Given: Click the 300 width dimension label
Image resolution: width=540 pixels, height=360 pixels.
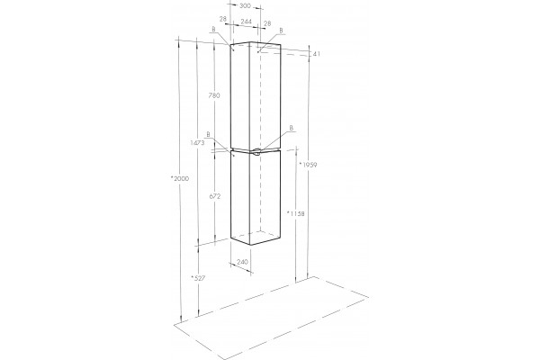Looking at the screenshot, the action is tap(245, 5).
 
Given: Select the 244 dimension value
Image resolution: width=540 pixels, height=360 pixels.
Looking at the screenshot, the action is tap(247, 22).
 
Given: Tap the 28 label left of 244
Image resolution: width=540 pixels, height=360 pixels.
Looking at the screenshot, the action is tap(223, 19).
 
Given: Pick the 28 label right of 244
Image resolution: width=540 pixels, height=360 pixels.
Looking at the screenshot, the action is tap(267, 23).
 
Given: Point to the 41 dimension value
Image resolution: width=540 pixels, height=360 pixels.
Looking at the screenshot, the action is tap(317, 54).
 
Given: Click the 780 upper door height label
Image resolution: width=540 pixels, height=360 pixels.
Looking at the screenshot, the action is tap(214, 95).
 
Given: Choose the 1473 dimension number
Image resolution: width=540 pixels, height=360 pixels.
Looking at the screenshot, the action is tap(197, 142).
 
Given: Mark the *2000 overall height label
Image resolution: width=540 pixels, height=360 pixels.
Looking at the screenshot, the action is tap(180, 178).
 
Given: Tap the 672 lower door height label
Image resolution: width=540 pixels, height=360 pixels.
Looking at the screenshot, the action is tap(215, 196).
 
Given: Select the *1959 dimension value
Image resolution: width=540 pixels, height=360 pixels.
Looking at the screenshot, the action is tap(308, 165).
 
